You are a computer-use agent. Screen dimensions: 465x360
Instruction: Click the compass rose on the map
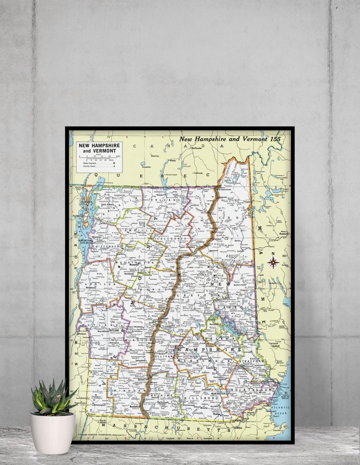[273, 263]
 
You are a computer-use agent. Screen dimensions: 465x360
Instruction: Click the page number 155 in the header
[275, 139]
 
